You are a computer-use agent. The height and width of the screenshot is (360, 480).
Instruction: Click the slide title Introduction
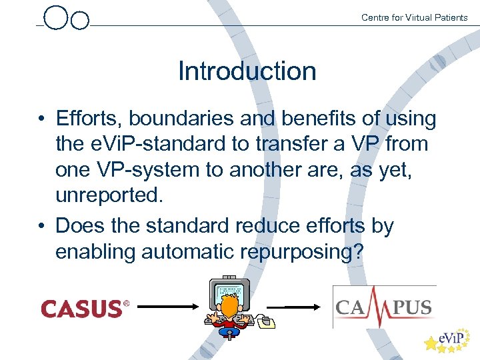point(247,71)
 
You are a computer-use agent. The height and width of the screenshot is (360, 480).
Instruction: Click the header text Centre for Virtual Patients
point(414,17)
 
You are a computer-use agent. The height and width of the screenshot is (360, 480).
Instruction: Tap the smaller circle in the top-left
point(79,21)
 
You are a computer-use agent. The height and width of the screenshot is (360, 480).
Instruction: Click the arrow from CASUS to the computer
point(167,309)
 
